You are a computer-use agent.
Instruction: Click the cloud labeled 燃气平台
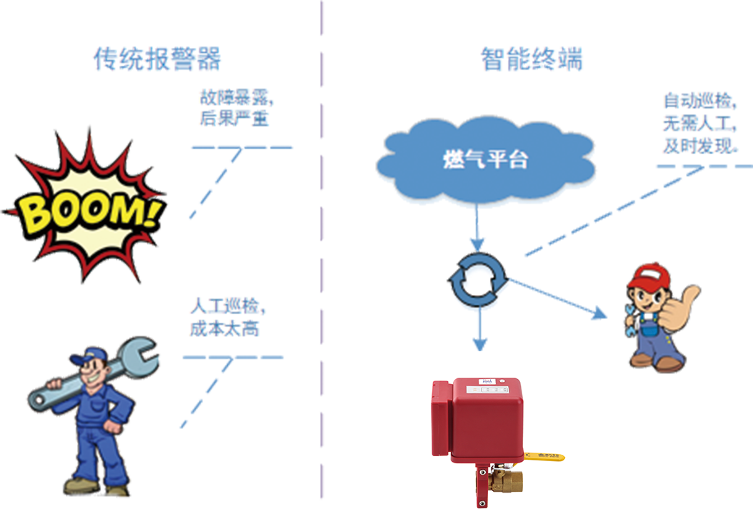point(486,160)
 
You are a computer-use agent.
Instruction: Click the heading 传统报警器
point(157,59)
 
